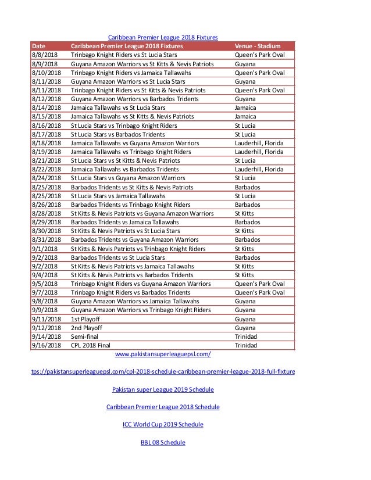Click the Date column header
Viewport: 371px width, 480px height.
coord(39,45)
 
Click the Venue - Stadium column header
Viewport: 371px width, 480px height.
coord(258,45)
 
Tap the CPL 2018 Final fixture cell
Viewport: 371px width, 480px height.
coord(94,345)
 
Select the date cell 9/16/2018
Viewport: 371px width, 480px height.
coord(46,345)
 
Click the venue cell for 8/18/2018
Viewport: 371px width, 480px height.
coord(259,142)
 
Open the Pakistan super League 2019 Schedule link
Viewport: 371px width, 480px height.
coord(163,389)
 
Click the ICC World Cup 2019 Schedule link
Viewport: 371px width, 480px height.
coord(163,424)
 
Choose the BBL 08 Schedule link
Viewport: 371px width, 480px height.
coord(163,442)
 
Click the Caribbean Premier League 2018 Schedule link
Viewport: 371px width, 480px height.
coord(163,407)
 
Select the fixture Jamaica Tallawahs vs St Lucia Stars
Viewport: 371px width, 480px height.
coord(118,108)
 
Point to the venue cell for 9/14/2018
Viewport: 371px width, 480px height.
coord(245,336)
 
